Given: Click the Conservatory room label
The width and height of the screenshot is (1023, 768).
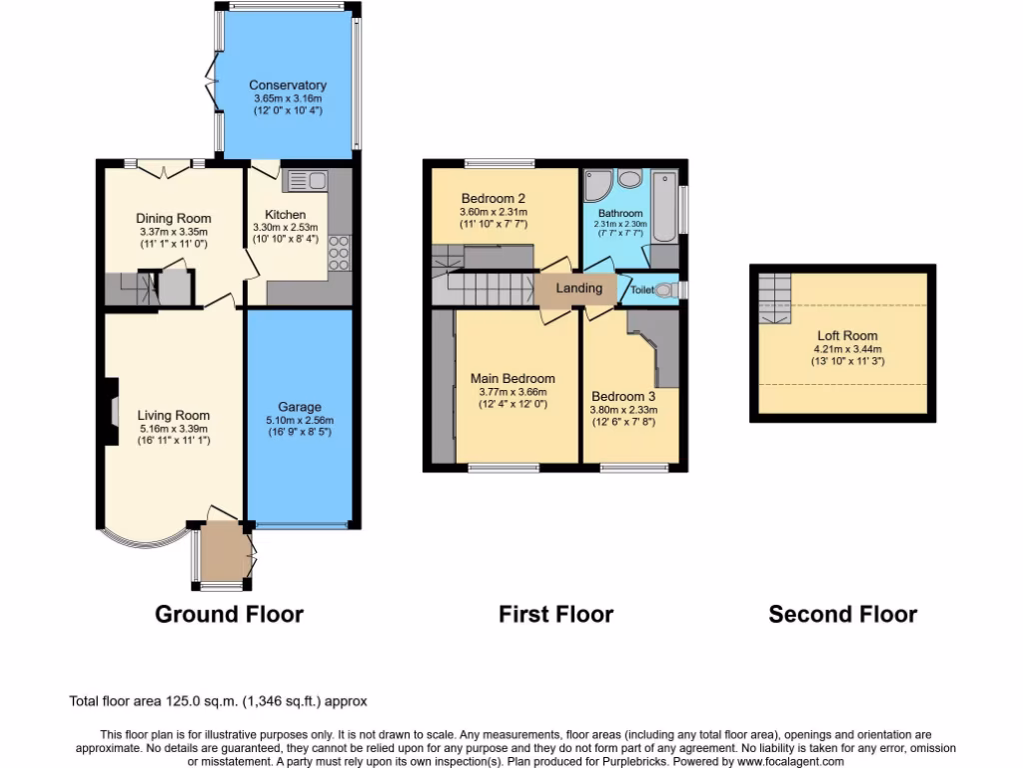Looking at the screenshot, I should coord(288,85).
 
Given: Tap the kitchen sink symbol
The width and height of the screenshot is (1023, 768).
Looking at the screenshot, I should coord(305,181).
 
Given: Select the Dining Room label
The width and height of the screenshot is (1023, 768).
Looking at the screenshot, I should coord(174,218).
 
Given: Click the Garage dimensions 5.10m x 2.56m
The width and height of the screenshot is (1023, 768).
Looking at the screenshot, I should coord(299,421).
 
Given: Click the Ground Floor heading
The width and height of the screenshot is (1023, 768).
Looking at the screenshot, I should coord(229,613).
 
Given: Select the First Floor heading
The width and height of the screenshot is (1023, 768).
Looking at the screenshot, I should coord(556,613).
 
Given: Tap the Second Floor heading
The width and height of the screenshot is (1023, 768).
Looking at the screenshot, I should coord(842,613).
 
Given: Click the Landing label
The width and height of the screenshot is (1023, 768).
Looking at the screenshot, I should coord(579,288).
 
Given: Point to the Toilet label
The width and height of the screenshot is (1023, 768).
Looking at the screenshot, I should coord(641,290).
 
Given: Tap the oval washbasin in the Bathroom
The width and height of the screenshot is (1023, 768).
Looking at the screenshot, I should coord(630,179).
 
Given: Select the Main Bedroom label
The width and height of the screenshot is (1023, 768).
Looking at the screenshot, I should coord(512,378).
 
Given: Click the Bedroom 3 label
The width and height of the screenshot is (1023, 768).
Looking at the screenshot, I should coord(622,396).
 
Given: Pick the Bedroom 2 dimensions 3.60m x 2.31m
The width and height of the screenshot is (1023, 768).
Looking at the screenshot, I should coord(493,212).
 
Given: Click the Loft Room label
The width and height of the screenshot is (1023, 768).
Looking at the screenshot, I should coord(847,336).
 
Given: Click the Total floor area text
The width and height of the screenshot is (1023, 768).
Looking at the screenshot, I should coord(224,702).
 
